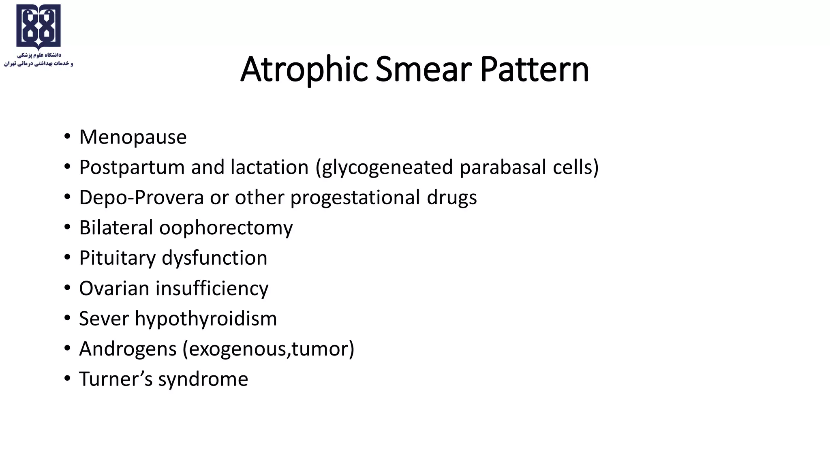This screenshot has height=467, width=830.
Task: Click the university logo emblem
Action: click(39, 27)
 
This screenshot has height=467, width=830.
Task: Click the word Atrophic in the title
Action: click(304, 70)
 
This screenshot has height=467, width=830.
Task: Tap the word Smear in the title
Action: click(424, 70)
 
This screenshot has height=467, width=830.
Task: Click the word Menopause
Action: click(133, 137)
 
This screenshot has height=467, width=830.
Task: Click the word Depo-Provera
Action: click(141, 198)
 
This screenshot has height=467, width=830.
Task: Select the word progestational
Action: click(355, 198)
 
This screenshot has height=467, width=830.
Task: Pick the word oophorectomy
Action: click(226, 228)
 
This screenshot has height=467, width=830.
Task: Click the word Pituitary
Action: click(117, 258)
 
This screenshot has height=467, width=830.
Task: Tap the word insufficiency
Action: click(212, 289)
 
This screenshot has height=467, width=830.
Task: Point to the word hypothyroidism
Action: click(206, 319)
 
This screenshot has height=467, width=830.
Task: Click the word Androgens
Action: click(128, 349)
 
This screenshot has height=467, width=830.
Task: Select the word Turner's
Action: click(116, 379)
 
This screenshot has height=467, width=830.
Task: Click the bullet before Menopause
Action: click(67, 136)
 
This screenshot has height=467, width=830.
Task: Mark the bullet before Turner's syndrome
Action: click(67, 378)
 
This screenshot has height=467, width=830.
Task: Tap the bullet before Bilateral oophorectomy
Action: click(67, 227)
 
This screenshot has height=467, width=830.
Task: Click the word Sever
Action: click(104, 319)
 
